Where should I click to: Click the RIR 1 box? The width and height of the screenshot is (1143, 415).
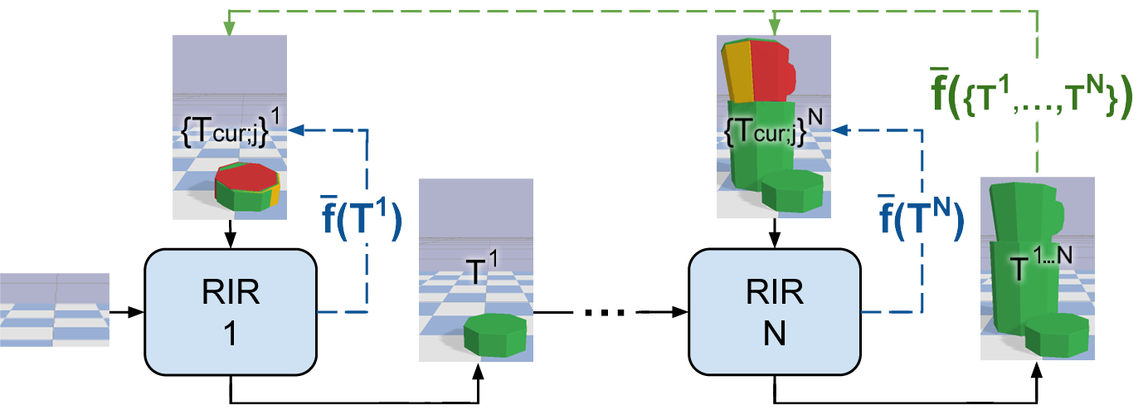pos(231,312)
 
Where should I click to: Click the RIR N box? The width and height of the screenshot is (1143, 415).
pos(775,312)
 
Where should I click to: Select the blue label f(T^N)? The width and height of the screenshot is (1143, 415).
pos(921,217)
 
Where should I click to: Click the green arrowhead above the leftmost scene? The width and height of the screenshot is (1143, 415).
pos(229,31)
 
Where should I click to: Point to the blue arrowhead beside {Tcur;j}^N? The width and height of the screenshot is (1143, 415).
pos(839,130)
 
